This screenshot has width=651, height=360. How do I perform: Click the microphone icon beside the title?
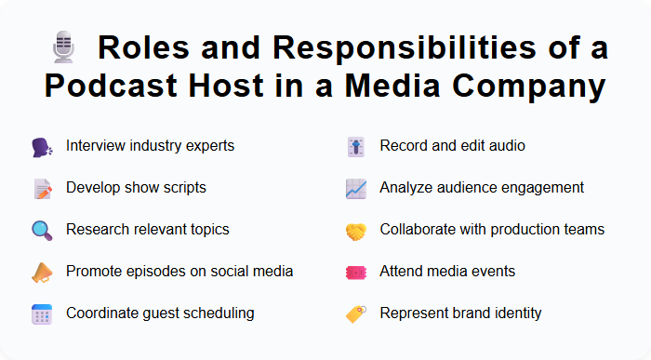point(63,47)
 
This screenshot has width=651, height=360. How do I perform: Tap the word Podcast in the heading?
point(116,87)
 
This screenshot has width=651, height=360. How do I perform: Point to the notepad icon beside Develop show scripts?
point(42,188)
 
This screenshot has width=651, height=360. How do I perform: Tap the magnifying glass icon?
point(42,230)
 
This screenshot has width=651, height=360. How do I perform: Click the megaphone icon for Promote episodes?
point(42,272)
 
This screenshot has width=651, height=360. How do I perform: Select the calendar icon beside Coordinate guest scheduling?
point(42,313)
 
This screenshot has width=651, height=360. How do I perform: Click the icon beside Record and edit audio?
point(355,146)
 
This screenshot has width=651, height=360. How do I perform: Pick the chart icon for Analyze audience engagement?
point(355,188)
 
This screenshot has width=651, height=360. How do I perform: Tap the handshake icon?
point(355,230)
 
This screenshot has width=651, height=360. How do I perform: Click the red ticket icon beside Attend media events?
point(355,272)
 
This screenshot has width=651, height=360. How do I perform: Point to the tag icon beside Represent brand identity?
point(355,313)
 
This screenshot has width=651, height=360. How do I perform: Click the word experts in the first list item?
point(209,146)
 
